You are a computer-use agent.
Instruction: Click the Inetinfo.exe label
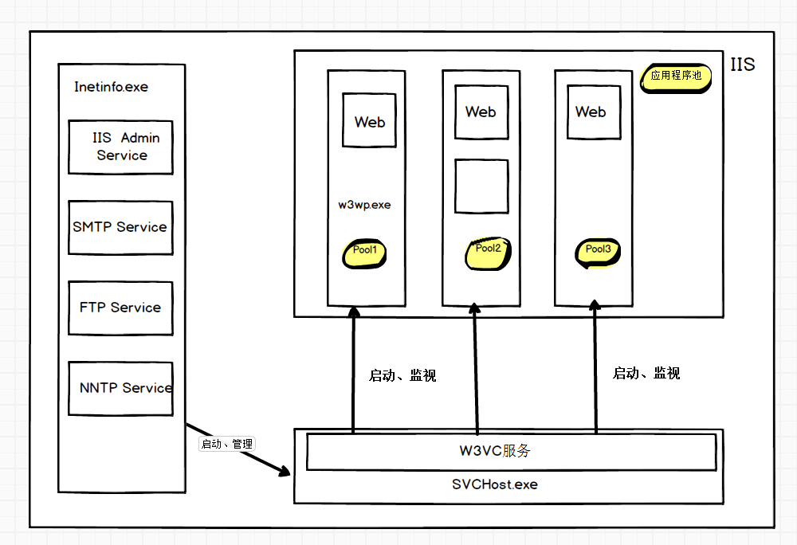pyautogui.click(x=111, y=87)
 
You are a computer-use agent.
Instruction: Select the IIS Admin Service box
pyautogui.click(x=120, y=147)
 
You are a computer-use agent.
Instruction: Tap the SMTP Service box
pyautogui.click(x=120, y=227)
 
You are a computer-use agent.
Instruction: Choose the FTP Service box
pyautogui.click(x=120, y=308)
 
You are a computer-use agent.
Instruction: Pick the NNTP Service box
pyautogui.click(x=120, y=388)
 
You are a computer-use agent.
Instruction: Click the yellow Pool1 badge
pyautogui.click(x=364, y=253)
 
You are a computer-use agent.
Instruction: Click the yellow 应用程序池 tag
pyautogui.click(x=675, y=77)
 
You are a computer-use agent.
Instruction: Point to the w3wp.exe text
pyautogui.click(x=364, y=205)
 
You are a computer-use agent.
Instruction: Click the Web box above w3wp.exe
pyautogui.click(x=369, y=121)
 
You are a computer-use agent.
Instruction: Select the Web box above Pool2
pyautogui.click(x=481, y=112)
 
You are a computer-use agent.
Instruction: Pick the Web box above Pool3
pyautogui.click(x=591, y=112)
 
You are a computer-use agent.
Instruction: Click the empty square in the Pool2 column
pyautogui.click(x=481, y=186)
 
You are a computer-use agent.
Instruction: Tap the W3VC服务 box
pyautogui.click(x=510, y=452)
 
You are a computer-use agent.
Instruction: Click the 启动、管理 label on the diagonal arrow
pyautogui.click(x=226, y=444)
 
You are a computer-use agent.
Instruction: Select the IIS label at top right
pyautogui.click(x=742, y=65)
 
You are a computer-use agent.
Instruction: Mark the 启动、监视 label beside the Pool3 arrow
pyautogui.click(x=646, y=374)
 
